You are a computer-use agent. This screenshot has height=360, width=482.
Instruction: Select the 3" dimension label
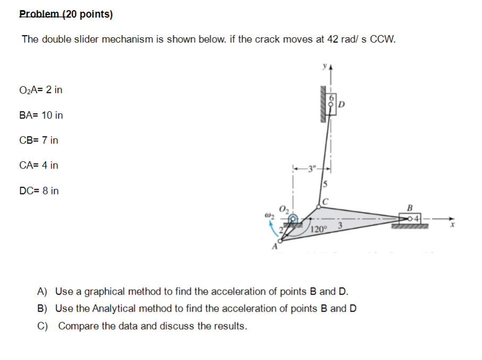[311, 170]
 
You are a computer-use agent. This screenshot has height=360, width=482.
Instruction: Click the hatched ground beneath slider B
[410, 227]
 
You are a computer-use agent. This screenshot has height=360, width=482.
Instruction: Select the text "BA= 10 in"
[41, 115]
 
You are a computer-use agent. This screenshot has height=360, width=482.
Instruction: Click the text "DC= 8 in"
[39, 190]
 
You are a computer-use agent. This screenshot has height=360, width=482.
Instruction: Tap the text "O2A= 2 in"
[41, 90]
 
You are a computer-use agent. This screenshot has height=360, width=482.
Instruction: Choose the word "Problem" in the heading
[39, 14]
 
